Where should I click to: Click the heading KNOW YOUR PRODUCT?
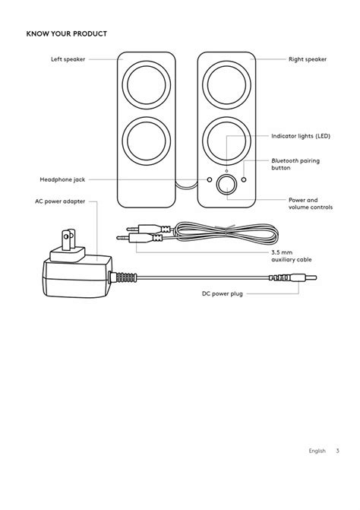point(66,33)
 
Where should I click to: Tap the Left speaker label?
point(68,59)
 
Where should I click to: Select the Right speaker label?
point(308,59)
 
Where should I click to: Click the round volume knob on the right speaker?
point(226,183)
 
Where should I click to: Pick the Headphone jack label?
point(62,180)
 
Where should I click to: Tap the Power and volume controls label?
point(310,204)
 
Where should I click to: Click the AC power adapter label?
point(60,201)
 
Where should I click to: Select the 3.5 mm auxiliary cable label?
point(292,256)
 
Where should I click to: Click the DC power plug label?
point(222,293)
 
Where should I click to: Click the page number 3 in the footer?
point(337,451)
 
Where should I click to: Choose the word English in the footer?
point(317,451)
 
